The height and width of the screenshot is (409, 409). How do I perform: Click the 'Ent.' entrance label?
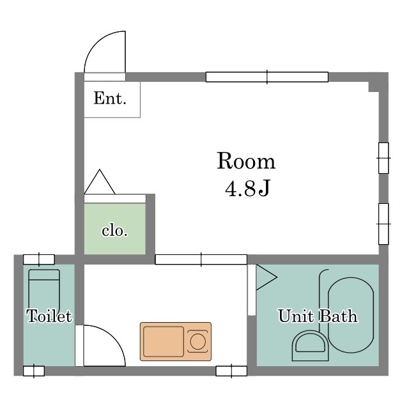(110, 98)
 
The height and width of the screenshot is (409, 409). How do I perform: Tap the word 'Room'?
(246, 162)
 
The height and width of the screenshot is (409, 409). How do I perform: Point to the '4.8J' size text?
(247, 189)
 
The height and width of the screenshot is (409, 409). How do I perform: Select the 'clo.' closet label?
(114, 231)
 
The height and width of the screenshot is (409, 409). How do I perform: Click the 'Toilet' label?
(49, 316)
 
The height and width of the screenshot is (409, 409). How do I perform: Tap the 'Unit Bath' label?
(318, 316)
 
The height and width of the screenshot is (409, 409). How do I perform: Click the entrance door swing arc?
(95, 44)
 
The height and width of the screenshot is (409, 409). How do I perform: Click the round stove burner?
(197, 341)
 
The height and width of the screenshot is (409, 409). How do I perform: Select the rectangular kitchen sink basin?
(164, 341)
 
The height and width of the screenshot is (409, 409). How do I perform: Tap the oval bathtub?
(351, 314)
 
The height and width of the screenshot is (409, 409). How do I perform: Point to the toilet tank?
(44, 275)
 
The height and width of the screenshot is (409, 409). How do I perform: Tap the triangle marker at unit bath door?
(266, 277)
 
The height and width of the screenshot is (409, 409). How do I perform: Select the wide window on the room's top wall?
(267, 77)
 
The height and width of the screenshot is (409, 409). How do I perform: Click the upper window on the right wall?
(383, 158)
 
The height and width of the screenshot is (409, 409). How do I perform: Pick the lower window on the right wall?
(383, 224)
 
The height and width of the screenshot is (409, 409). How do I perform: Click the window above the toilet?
(39, 259)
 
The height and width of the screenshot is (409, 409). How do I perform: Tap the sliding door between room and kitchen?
(201, 259)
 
